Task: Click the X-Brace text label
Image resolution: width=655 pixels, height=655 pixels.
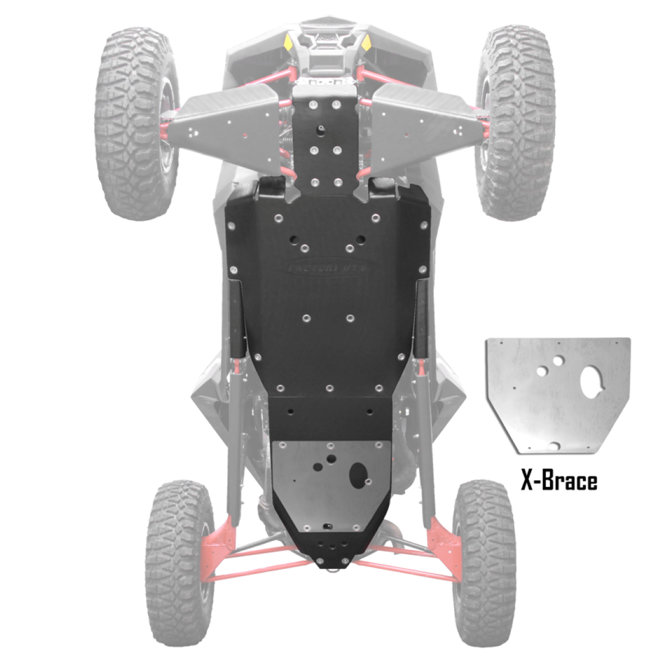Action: click(x=559, y=480)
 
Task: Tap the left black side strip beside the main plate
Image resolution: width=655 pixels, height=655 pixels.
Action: click(x=236, y=318)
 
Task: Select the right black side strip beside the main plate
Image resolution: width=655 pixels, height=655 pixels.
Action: click(x=421, y=318)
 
